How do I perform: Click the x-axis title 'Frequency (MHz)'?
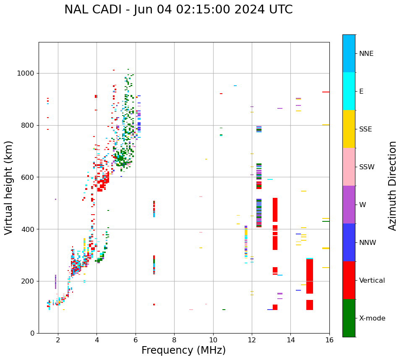[x=183, y=350]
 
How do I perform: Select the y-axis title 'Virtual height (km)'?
[x=9, y=187]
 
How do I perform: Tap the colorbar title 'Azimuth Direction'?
[x=392, y=186]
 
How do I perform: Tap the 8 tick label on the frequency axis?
[x=174, y=340]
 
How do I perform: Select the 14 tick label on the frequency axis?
[x=291, y=340]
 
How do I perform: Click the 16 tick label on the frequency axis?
[x=329, y=340]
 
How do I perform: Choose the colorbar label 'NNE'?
[x=366, y=54]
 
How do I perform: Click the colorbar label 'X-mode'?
[x=372, y=318]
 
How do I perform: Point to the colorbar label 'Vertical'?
[x=372, y=281]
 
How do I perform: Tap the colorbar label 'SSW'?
[x=367, y=167]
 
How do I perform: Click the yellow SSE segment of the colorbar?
[x=349, y=129]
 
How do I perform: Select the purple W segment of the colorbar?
[x=349, y=205]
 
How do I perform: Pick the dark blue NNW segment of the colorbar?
[x=349, y=242]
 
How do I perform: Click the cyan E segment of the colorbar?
[x=349, y=91]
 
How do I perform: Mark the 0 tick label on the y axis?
[x=32, y=333]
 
